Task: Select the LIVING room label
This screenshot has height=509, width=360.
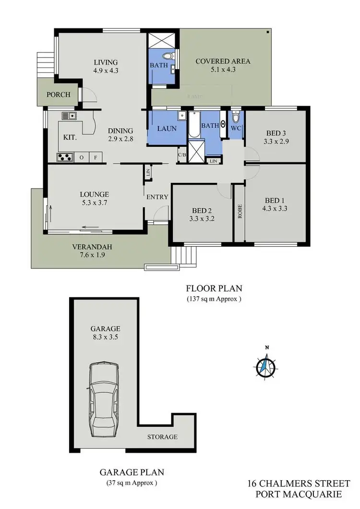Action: click(106, 62)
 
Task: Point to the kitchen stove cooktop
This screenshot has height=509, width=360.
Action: click(64, 156)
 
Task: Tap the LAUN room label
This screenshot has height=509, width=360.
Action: click(167, 129)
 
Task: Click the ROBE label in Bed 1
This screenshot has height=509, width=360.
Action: click(240, 212)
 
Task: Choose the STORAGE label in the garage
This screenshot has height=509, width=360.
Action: click(162, 437)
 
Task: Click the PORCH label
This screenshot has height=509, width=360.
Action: click(58, 95)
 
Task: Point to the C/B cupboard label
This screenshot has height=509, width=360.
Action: click(182, 155)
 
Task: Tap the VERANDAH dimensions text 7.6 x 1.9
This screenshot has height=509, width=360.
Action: click(92, 255)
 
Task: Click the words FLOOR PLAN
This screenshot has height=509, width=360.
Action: click(214, 288)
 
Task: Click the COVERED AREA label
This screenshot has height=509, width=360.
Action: click(223, 61)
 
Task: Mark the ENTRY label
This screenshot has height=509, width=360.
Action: click(157, 197)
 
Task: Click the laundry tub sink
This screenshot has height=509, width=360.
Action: click(182, 116)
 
